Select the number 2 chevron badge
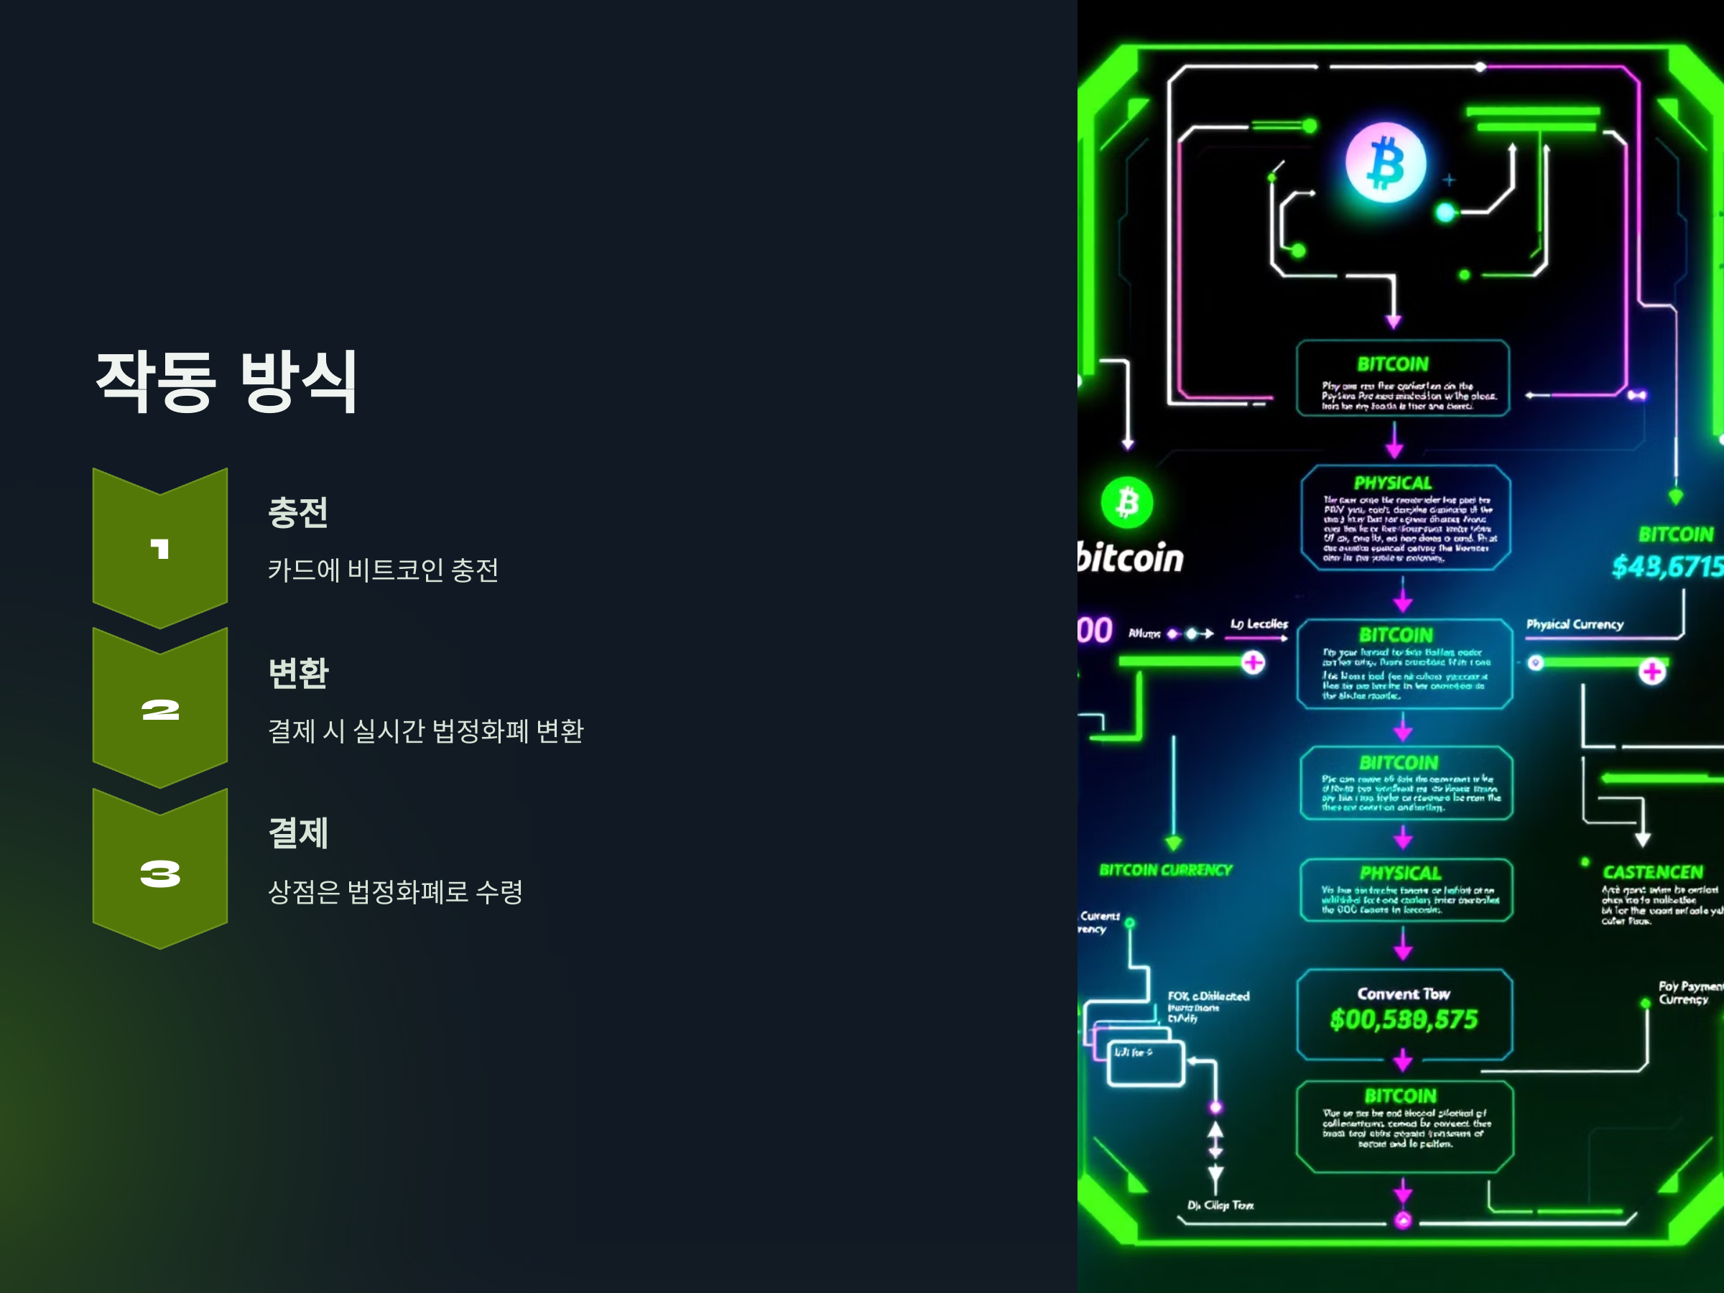point(159,709)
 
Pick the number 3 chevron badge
point(159,871)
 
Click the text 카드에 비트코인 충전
point(383,570)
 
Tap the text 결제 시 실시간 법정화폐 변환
point(425,731)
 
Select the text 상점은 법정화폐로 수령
point(395,891)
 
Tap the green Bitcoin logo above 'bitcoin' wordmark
point(1127,503)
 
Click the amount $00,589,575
point(1404,1019)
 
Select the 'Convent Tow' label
point(1404,993)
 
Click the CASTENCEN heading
point(1652,872)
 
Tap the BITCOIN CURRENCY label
point(1165,870)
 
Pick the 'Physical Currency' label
point(1575,624)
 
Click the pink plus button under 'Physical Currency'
point(1651,671)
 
